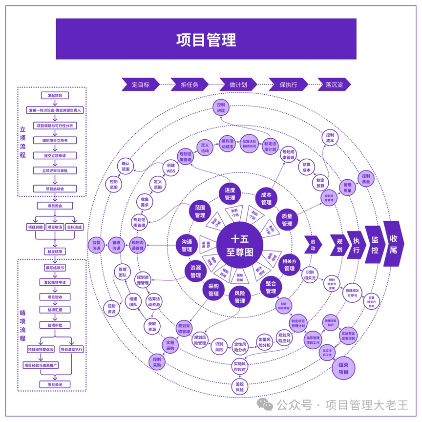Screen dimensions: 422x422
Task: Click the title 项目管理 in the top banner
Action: point(206,39)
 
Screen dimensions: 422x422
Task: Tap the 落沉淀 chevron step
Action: point(335,84)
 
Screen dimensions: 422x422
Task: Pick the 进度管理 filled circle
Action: point(230,194)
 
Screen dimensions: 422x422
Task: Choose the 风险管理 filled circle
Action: point(239,297)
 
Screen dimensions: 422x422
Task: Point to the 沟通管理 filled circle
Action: point(187,245)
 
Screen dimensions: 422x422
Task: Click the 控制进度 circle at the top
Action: point(221,108)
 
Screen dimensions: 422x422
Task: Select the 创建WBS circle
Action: point(170,168)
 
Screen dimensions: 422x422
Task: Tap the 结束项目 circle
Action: point(343,368)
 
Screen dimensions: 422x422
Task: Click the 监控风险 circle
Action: point(239,387)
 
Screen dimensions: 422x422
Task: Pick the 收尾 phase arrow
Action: point(394,243)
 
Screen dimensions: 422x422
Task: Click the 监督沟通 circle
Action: point(96,245)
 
